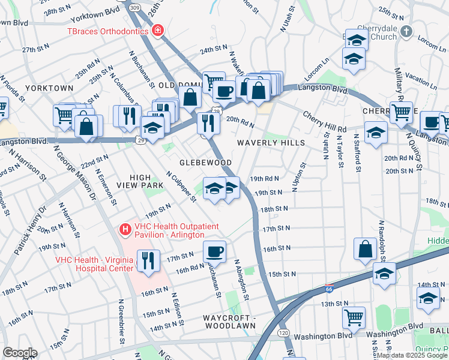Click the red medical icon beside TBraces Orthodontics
point(158,29)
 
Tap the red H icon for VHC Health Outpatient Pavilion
point(125,229)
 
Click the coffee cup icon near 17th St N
point(214,251)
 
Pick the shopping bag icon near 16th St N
point(365,248)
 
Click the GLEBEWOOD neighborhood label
point(206,163)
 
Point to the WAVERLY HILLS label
point(271,143)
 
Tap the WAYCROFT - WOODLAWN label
point(223,322)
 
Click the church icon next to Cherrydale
point(406,31)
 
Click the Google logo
point(19,353)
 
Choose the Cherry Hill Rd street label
point(324,121)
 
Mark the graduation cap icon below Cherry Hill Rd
point(376,133)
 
